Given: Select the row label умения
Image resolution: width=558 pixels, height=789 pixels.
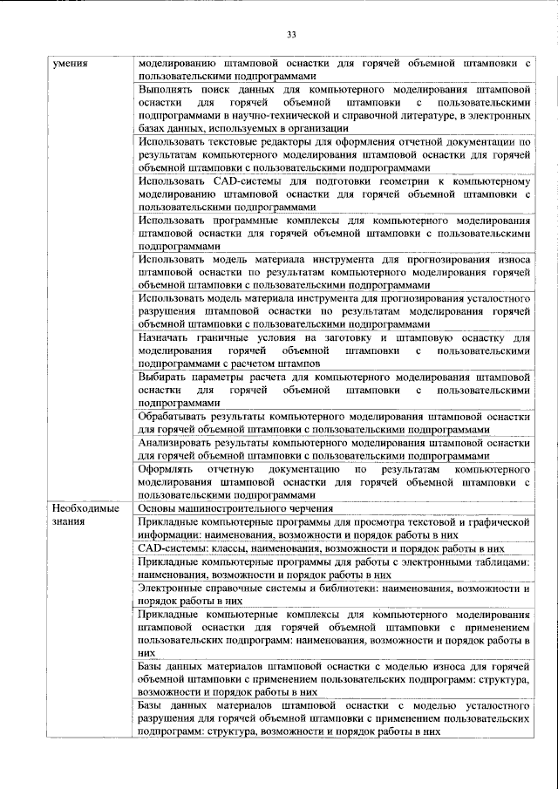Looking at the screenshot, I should tap(68, 64).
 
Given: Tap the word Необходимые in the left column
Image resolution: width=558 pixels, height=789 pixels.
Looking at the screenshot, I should tap(83, 509).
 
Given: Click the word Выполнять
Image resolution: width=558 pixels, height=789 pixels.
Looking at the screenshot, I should tap(167, 89).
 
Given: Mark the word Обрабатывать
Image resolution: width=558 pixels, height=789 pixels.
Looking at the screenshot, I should tap(174, 417).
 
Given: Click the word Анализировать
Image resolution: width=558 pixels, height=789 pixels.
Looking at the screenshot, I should tap(179, 442).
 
